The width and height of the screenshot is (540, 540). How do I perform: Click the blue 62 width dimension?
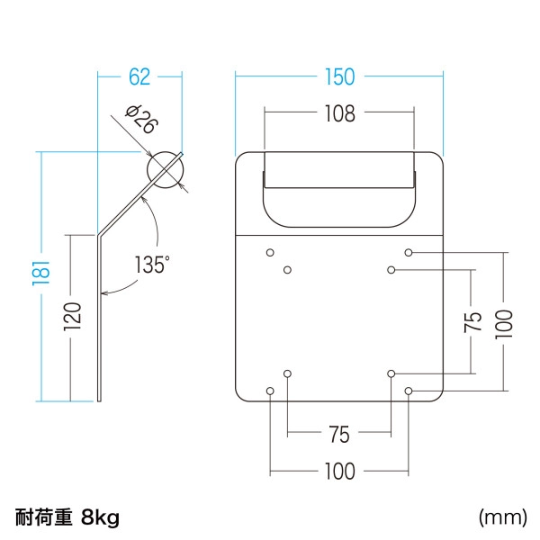point(139,77)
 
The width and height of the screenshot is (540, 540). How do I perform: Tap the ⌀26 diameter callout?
point(137,120)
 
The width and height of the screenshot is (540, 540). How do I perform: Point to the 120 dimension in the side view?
point(73,317)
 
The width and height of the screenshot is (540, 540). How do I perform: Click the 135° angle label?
point(152,265)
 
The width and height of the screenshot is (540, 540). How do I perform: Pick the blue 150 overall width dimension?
point(339,77)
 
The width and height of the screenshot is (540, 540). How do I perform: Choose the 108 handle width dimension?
point(338,113)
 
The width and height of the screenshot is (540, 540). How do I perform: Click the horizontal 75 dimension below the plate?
point(338,435)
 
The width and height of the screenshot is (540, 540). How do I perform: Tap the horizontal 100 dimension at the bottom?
point(338,471)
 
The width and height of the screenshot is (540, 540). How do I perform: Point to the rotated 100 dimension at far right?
point(504,321)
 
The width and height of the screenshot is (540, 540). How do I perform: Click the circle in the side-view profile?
point(164,170)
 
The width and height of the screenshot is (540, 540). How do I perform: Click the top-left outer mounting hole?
point(271,253)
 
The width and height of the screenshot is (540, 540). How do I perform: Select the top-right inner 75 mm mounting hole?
point(391,269)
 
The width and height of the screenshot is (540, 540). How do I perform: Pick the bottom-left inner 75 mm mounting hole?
point(287,373)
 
